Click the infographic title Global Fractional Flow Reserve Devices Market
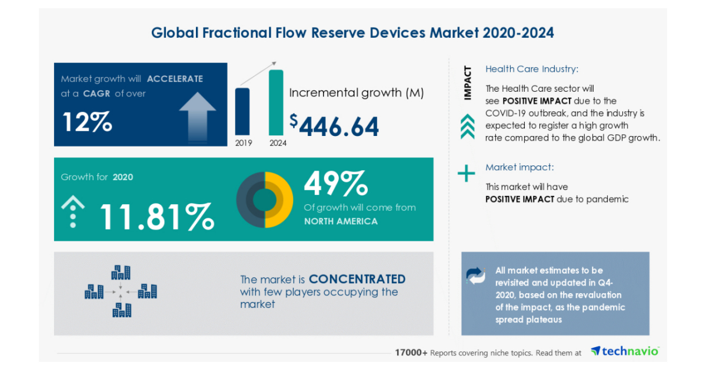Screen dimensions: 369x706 [x=352, y=32]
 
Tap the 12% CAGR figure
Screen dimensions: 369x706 [x=87, y=122]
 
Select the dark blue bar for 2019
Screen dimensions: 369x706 [x=242, y=111]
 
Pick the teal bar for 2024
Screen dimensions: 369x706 [x=276, y=102]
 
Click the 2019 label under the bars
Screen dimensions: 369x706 [x=242, y=142]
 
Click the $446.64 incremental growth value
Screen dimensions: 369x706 [x=334, y=125]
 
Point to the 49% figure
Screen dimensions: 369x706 [x=335, y=184]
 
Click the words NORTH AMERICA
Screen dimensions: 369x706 [x=341, y=221]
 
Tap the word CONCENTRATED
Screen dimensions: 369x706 [x=357, y=278]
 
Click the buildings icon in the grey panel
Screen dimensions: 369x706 [x=121, y=291]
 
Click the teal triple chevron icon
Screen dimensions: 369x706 [x=467, y=127]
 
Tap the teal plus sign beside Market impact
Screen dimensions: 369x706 [x=467, y=174]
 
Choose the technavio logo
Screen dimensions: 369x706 [x=625, y=351]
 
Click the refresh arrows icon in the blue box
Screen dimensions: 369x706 [x=475, y=275]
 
